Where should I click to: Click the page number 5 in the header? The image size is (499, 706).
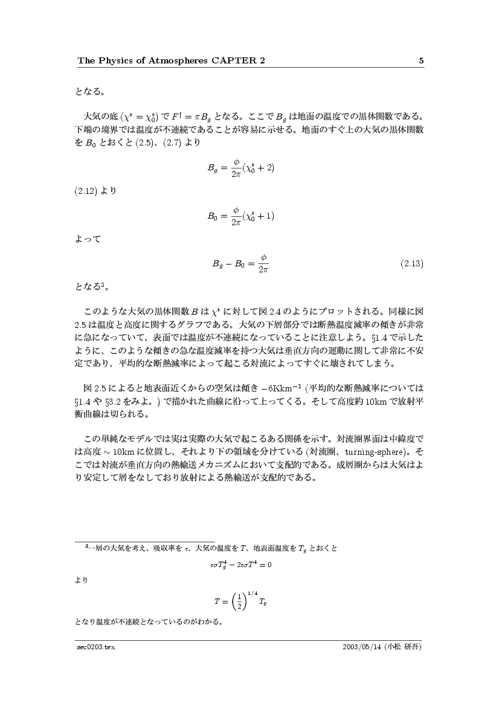pos(421,60)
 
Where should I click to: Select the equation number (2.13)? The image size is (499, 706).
pos(412,263)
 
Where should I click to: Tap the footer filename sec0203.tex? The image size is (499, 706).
pos(91,647)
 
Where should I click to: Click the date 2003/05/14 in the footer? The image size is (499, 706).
pos(361,647)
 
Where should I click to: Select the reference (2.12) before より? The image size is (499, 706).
pos(88,191)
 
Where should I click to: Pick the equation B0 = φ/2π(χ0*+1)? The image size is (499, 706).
pos(242,215)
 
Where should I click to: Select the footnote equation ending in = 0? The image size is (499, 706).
pos(240,565)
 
